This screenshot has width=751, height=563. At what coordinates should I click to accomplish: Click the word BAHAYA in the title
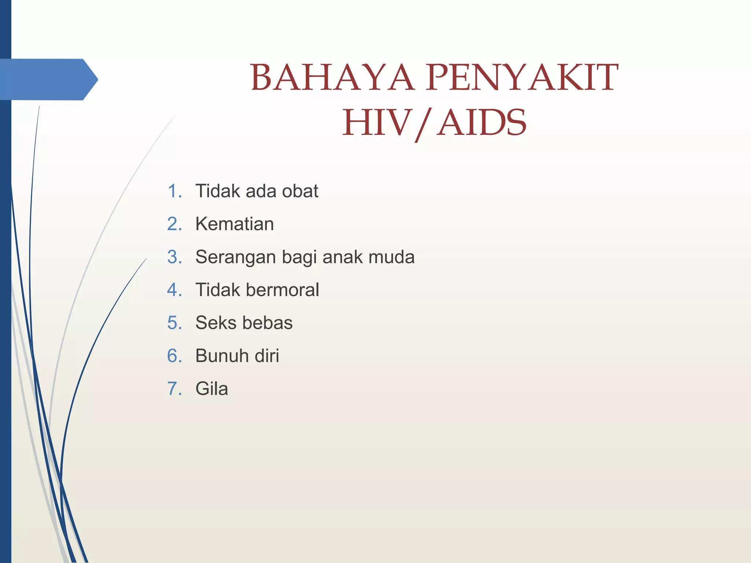point(332,78)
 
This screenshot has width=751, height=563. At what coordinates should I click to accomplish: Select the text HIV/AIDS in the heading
point(434,123)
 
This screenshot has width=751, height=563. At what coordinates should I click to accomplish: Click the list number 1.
point(174,191)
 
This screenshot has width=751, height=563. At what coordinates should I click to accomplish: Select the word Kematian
point(234,224)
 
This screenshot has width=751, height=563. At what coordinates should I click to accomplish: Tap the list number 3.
point(174,257)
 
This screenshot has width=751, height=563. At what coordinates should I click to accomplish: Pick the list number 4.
point(174,290)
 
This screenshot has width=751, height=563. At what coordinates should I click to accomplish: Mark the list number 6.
point(174,356)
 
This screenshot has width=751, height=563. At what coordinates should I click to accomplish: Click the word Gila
point(212,389)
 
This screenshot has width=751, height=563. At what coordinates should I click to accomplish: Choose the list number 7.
point(174,389)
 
